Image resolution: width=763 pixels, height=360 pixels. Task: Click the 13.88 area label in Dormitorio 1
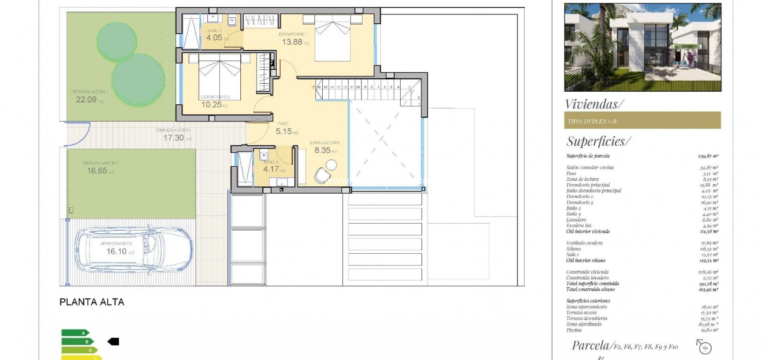click(292, 42)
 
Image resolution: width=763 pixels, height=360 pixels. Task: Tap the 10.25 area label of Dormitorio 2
click(211, 105)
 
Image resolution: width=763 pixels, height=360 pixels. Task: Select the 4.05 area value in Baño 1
click(214, 38)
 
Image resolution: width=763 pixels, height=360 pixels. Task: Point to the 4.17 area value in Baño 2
click(271, 170)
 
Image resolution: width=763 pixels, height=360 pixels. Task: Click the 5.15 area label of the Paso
click(284, 132)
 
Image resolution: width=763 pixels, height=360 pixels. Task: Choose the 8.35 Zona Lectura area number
click(322, 150)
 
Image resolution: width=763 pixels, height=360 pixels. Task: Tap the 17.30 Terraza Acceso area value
click(173, 138)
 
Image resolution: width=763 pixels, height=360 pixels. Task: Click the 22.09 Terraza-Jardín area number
click(86, 99)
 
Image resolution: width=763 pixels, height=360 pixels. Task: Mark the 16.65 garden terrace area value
click(97, 171)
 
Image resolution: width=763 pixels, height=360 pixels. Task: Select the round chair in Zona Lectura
click(322, 175)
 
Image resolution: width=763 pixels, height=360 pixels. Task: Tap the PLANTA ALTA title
click(92, 302)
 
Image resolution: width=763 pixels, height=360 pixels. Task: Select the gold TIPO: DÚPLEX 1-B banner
click(642, 121)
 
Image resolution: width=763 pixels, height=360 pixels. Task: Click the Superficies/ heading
click(599, 141)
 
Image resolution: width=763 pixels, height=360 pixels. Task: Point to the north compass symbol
click(704, 347)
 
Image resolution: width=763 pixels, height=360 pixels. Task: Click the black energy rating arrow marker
click(113, 342)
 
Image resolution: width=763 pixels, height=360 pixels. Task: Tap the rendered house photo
click(642, 48)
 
